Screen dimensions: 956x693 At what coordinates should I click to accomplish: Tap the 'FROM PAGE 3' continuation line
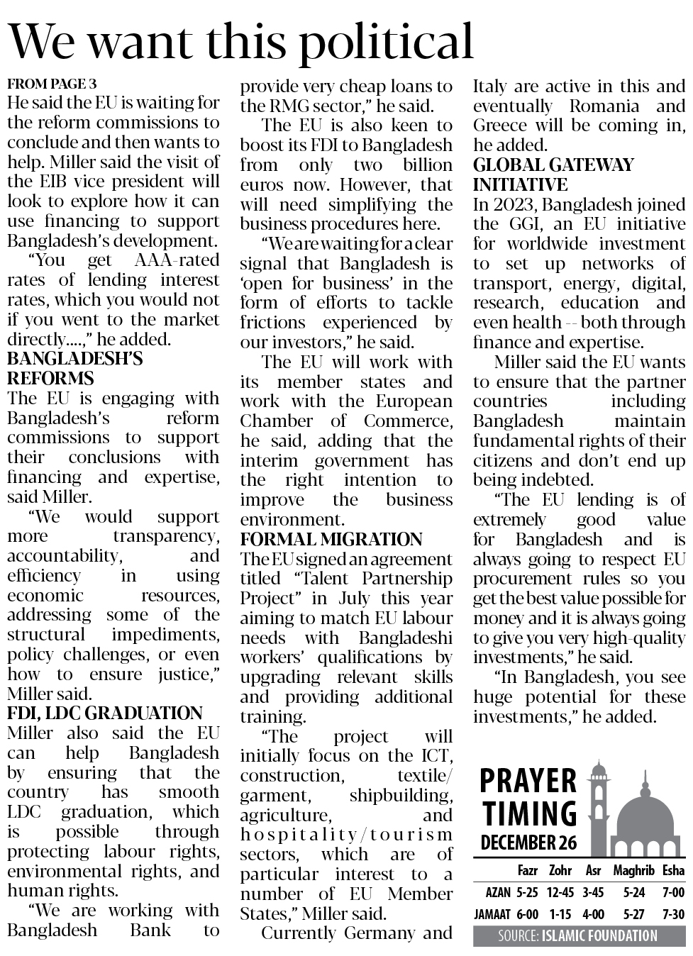pyautogui.click(x=52, y=84)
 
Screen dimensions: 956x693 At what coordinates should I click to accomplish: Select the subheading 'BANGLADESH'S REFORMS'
pyautogui.click(x=74, y=368)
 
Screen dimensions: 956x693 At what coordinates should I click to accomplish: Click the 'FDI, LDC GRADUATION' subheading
pyautogui.click(x=104, y=713)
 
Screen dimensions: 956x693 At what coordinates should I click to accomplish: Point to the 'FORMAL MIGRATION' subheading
pyautogui.click(x=331, y=540)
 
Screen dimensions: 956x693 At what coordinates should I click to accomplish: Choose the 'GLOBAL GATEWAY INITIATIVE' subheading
pyautogui.click(x=553, y=175)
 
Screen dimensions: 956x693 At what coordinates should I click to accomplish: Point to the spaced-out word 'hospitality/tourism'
pyautogui.click(x=346, y=835)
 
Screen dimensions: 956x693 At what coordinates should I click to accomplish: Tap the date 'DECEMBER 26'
pyautogui.click(x=528, y=843)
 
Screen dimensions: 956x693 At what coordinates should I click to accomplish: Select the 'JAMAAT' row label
pyautogui.click(x=494, y=914)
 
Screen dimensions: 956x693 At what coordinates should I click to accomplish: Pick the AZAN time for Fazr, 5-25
pyautogui.click(x=527, y=892)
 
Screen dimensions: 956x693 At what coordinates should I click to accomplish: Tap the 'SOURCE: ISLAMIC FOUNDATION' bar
pyautogui.click(x=577, y=936)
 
